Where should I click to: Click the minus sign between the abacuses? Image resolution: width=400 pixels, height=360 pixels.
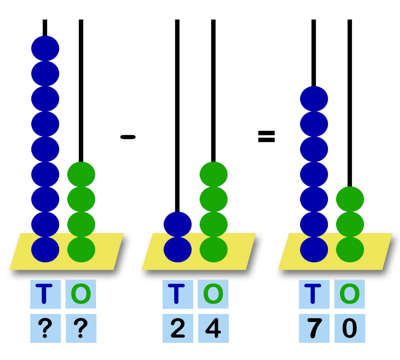click(x=128, y=137)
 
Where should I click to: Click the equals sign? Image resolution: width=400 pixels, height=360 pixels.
click(x=266, y=137)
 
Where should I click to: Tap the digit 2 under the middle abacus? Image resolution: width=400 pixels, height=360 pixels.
click(x=178, y=329)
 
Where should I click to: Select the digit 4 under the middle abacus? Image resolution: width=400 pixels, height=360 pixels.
click(x=213, y=329)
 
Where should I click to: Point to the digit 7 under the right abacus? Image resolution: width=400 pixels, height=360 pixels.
click(x=314, y=329)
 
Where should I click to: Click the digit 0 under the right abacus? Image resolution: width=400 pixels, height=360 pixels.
click(x=350, y=329)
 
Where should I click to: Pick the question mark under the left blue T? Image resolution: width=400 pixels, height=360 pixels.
click(x=45, y=329)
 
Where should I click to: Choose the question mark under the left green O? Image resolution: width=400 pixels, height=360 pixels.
click(x=81, y=329)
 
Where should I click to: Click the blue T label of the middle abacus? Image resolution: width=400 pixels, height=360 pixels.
click(x=178, y=294)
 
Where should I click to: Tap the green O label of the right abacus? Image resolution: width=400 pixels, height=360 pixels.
click(x=350, y=294)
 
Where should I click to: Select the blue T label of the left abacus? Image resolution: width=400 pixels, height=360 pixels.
click(x=45, y=294)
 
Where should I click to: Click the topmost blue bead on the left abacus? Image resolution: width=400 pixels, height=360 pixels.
click(x=45, y=48)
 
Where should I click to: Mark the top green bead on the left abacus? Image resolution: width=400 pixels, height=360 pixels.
click(x=81, y=174)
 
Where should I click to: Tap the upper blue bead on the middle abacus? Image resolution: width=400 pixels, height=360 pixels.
click(x=178, y=224)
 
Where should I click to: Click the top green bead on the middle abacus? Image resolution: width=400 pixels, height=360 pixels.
click(x=214, y=174)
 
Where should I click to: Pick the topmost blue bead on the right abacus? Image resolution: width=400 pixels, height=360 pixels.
click(x=314, y=99)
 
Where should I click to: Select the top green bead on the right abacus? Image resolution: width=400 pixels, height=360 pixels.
click(x=350, y=199)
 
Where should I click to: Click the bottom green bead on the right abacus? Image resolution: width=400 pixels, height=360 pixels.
click(x=350, y=249)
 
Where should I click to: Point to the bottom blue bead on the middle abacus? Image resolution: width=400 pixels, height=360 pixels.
click(x=178, y=249)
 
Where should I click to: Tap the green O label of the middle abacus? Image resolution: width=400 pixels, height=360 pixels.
click(x=213, y=294)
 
